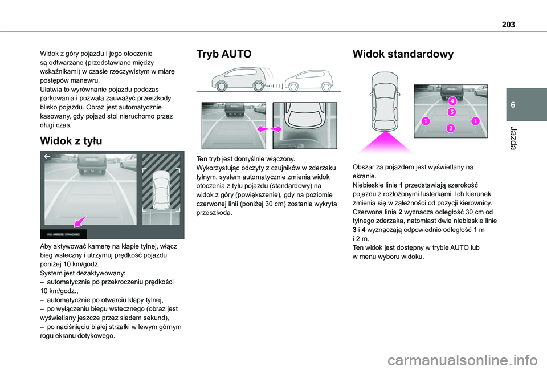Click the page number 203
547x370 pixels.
pyautogui.click(x=508, y=24)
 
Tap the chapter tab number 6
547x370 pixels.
pyautogui.click(x=513, y=105)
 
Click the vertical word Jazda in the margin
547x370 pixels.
pyautogui.click(x=513, y=139)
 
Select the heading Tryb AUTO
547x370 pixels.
pyautogui.click(x=223, y=54)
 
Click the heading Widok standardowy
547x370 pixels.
pyautogui.click(x=403, y=54)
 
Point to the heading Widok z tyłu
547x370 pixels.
pyautogui.click(x=71, y=141)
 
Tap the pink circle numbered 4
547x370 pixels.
pyautogui.click(x=452, y=101)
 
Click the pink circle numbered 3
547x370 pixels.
pyautogui.click(x=452, y=112)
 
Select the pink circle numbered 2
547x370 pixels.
pyautogui.click(x=451, y=128)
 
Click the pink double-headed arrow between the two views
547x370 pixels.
pyautogui.click(x=270, y=129)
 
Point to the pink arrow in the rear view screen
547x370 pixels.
pyautogui.click(x=80, y=221)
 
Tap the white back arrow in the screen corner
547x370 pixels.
pyautogui.click(x=47, y=157)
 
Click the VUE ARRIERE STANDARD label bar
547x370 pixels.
pyautogui.click(x=63, y=234)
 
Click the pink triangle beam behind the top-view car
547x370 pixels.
pyautogui.click(x=386, y=143)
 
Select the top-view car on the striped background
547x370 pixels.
pyautogui.click(x=161, y=190)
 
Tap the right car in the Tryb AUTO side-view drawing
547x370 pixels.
pyautogui.click(x=309, y=80)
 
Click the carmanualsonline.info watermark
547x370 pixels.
pyautogui.click(x=467, y=360)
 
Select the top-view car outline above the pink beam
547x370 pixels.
pyautogui.click(x=385, y=102)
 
